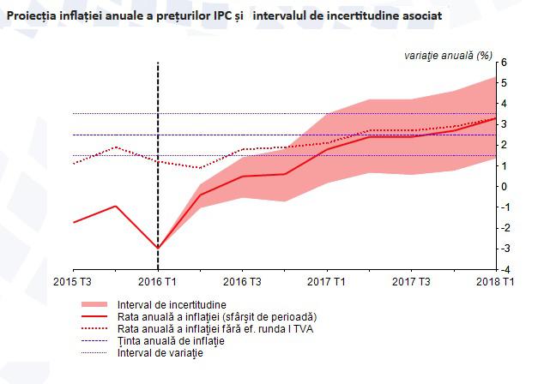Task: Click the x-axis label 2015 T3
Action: click(73, 282)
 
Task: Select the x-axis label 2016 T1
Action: click(158, 282)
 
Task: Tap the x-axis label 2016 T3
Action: click(242, 282)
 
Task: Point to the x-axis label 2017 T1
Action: click(326, 282)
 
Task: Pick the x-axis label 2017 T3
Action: click(410, 282)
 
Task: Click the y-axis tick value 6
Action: click(505, 63)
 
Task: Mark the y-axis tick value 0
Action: click(505, 187)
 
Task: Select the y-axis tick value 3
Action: click(505, 124)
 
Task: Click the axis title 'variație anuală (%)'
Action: click(448, 55)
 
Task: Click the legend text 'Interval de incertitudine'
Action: click(172, 305)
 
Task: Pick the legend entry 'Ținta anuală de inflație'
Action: click(170, 341)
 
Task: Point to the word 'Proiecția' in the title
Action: click(34, 16)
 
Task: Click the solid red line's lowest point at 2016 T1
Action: click(158, 248)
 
